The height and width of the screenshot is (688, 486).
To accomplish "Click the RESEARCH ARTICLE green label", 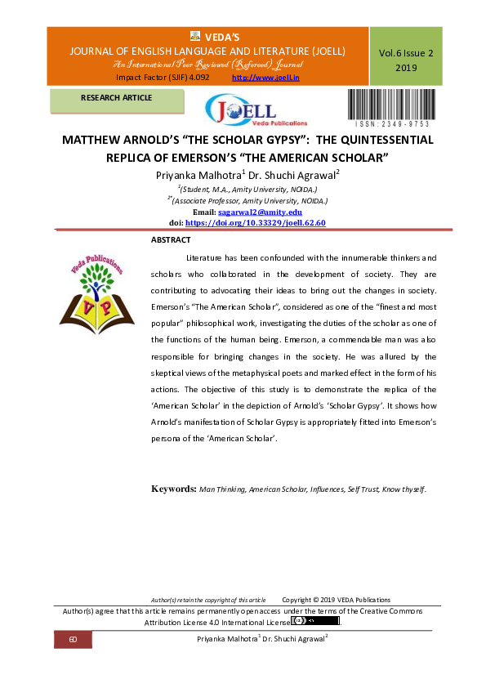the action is click(116, 99).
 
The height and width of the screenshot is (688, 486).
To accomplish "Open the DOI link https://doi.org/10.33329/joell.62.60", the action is click(256, 221).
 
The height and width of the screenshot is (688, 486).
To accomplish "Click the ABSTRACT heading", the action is click(171, 239).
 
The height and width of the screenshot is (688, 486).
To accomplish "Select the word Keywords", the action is click(172, 489).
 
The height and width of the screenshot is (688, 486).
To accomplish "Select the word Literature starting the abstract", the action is click(204, 257).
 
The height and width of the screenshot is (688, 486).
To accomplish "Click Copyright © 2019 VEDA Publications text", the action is click(336, 600).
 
